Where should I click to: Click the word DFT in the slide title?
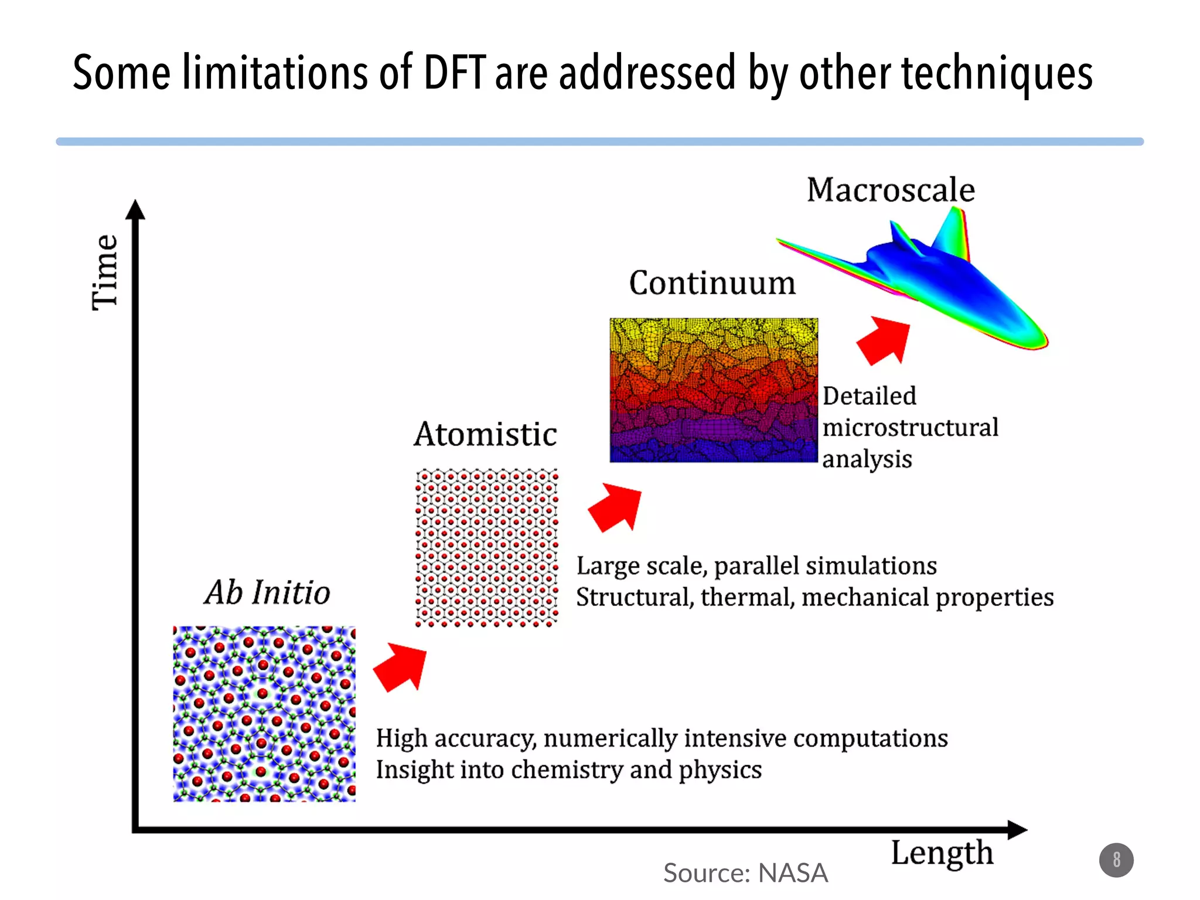[x=454, y=73]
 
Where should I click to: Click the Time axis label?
[x=105, y=272]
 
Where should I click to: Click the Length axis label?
[x=942, y=853]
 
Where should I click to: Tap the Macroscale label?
[x=891, y=190]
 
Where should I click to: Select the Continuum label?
[x=712, y=283]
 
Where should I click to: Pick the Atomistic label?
[x=485, y=434]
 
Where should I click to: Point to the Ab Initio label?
[x=267, y=592]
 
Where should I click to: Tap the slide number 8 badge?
[x=1116, y=860]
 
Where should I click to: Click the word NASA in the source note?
[x=793, y=873]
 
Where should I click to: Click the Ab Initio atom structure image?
[x=264, y=714]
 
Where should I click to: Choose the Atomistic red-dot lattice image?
[x=486, y=547]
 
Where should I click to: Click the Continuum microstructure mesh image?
[x=713, y=390]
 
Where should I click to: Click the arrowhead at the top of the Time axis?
[x=135, y=210]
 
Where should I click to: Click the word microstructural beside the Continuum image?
[x=910, y=428]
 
